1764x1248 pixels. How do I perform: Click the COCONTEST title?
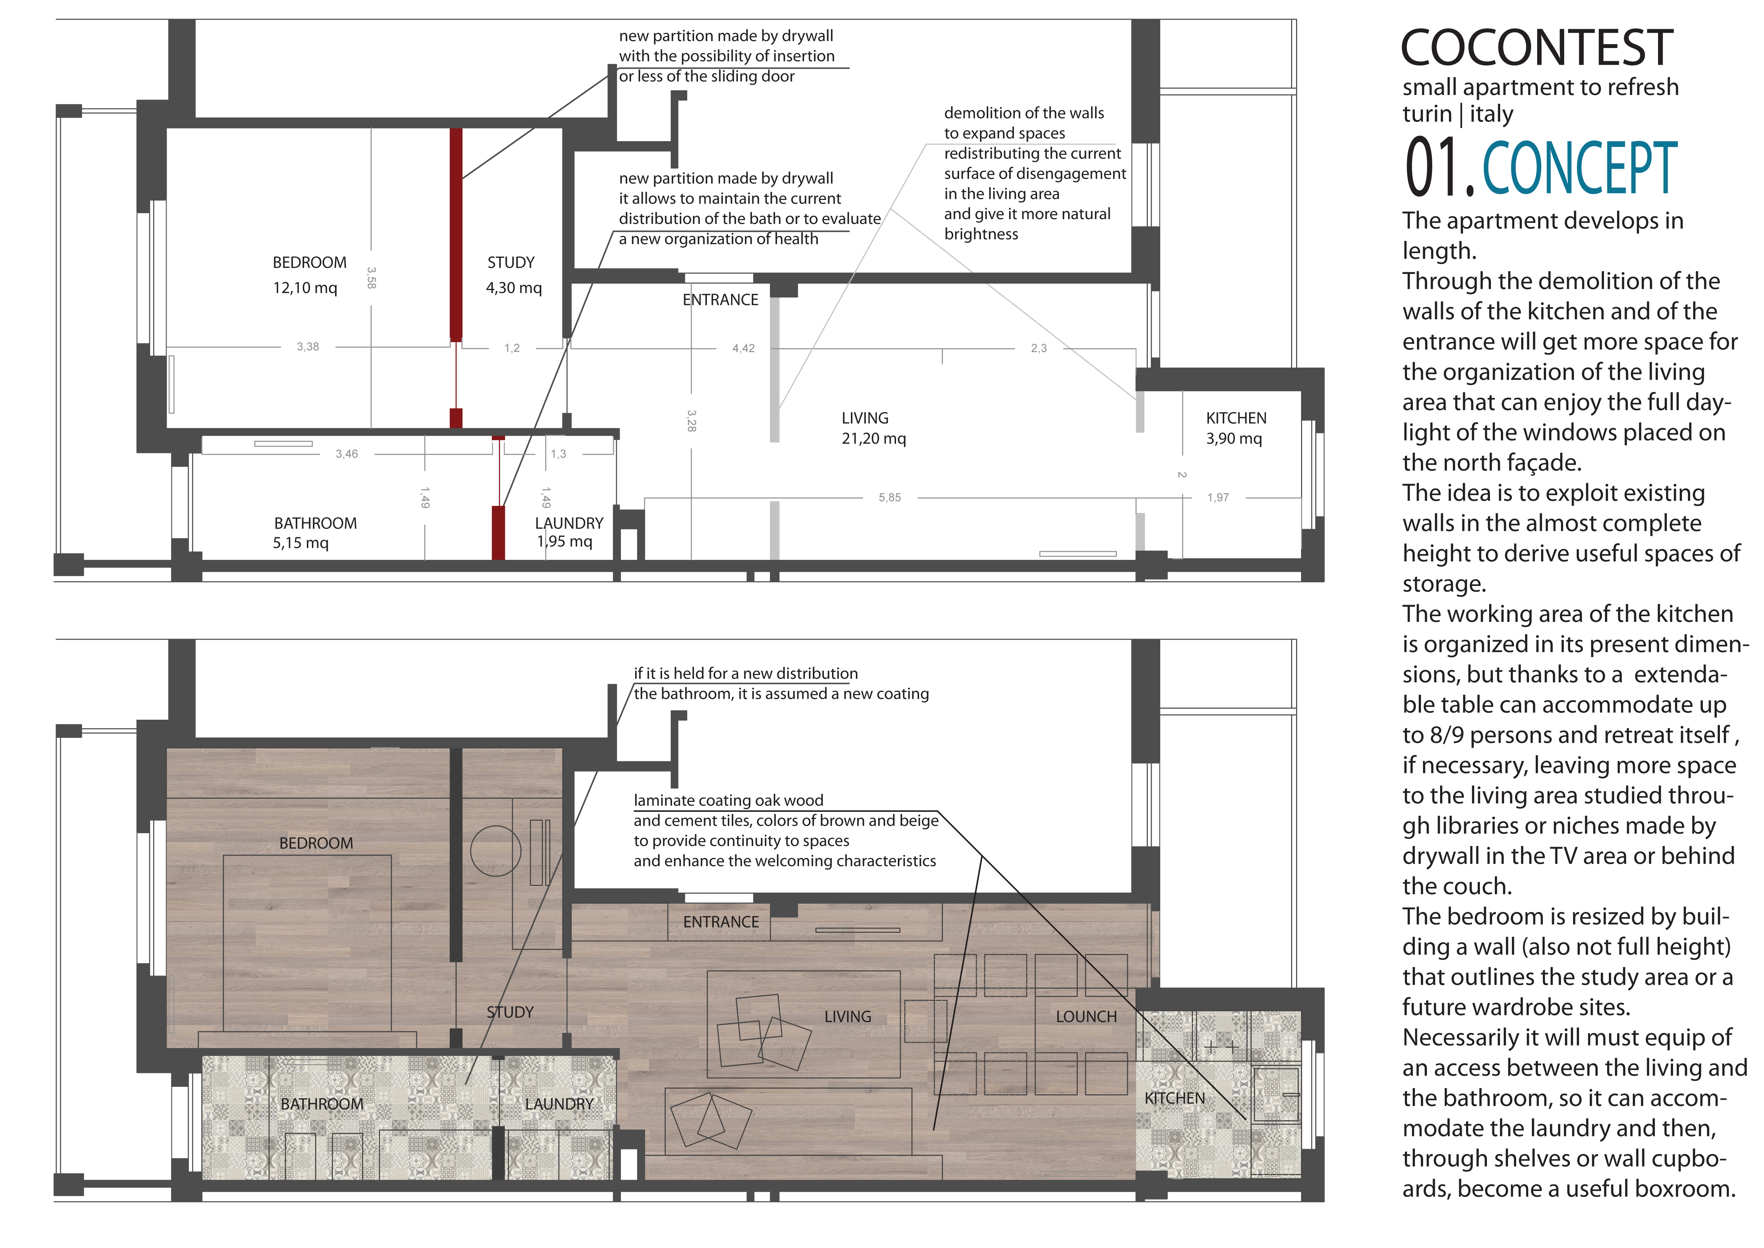pos(1536,48)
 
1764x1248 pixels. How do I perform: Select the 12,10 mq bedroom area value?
pos(305,288)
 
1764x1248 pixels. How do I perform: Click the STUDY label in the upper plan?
pos(511,263)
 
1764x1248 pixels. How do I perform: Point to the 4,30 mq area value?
pos(514,288)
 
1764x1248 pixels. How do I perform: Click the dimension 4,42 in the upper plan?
pos(743,348)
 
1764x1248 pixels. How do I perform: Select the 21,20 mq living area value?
pos(874,439)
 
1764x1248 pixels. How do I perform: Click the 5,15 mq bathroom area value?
pos(300,543)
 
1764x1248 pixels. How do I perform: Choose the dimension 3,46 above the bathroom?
pos(346,454)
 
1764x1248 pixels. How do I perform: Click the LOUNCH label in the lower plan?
pos(1086,1017)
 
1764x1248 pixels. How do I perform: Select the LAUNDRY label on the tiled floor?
pos(559,1104)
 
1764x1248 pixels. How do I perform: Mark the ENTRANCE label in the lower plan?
pos(721,922)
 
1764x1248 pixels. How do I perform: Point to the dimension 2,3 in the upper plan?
pos(1039,348)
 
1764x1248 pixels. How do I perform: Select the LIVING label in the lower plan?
pos(847,1017)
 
